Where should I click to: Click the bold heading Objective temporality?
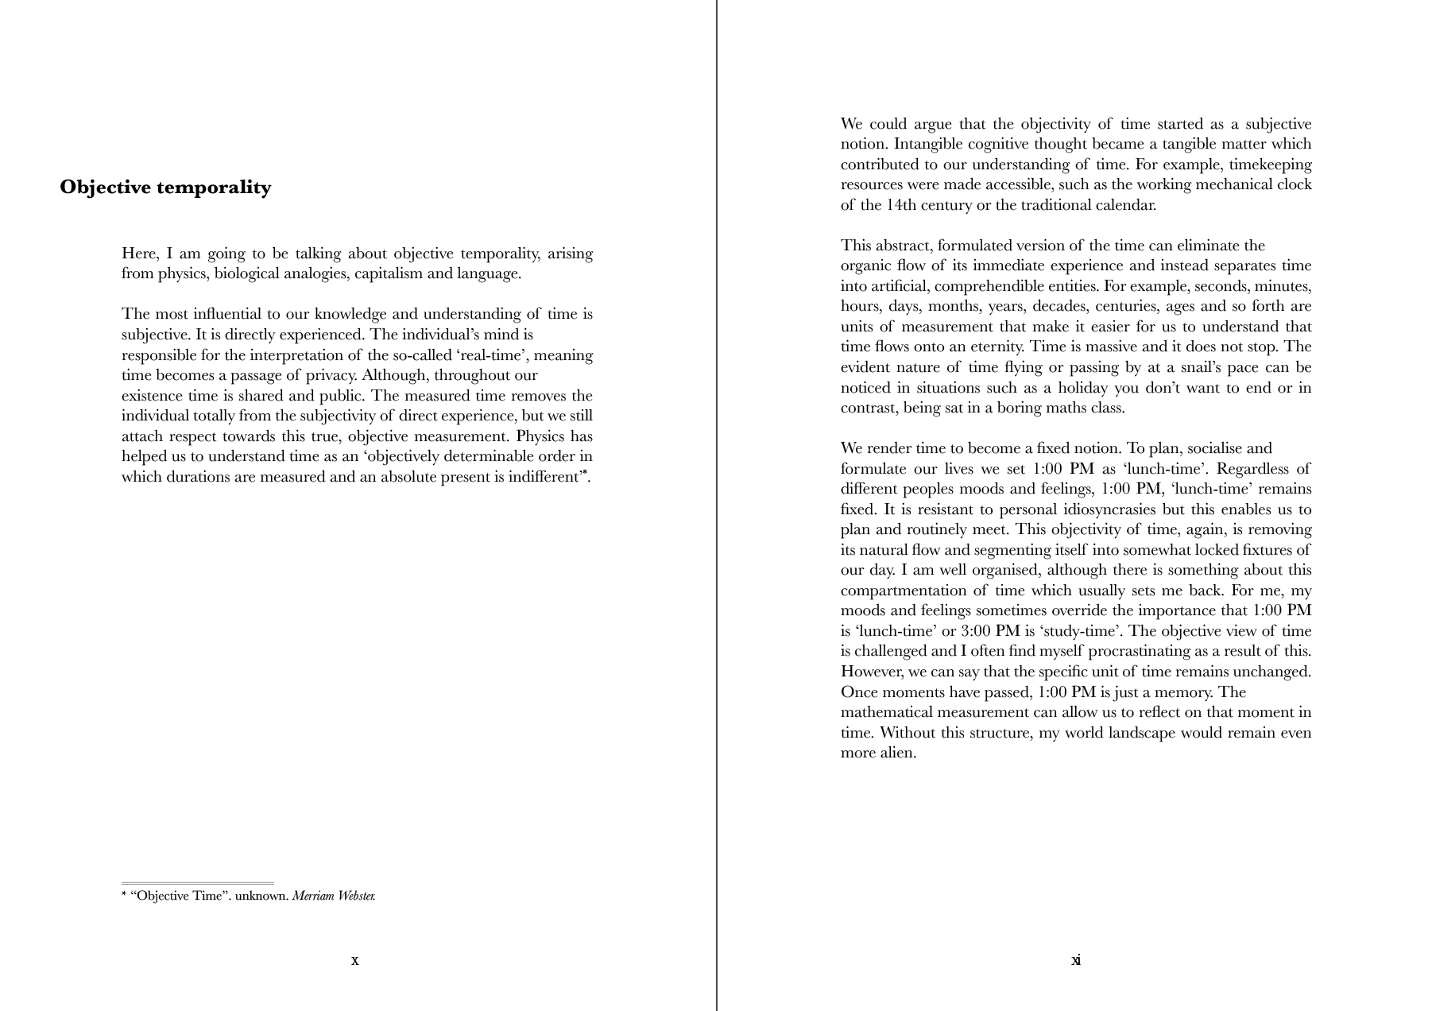coord(165,188)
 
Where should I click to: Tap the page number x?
coord(354,960)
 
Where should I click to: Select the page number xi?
coord(1075,960)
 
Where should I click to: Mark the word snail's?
coord(1197,367)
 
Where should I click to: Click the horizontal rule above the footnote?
coord(198,883)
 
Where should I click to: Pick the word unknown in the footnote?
coord(261,897)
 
